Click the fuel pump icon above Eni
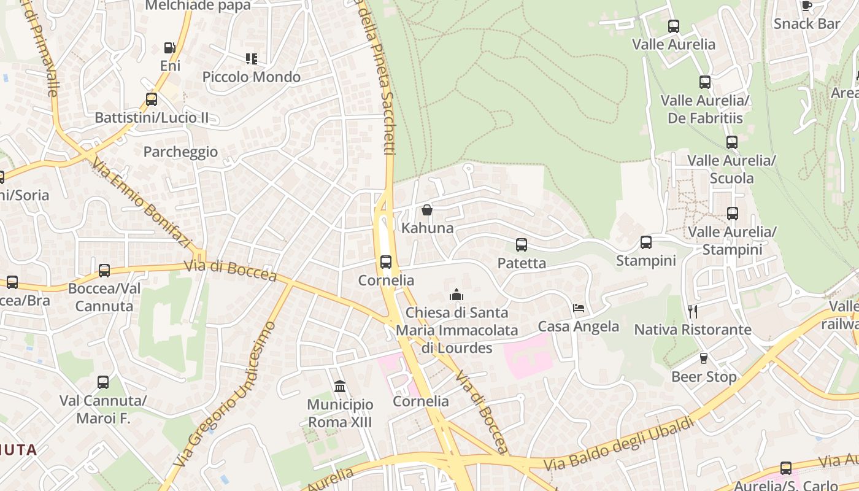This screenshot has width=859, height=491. [169, 48]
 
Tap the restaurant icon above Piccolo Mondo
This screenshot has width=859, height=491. [251, 59]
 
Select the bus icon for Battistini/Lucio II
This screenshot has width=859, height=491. [151, 99]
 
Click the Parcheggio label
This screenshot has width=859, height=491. [180, 152]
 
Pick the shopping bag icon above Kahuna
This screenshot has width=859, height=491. [427, 211]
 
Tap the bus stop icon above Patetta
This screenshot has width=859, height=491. [522, 245]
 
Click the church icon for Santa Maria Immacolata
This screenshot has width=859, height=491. [456, 295]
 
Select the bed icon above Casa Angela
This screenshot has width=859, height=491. [579, 308]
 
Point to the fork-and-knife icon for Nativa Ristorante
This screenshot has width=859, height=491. [692, 312]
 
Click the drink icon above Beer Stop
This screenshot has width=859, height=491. [704, 358]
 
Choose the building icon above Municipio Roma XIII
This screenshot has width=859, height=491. [340, 387]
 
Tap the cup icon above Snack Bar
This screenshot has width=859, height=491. [807, 6]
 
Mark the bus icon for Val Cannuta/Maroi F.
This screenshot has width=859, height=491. [103, 382]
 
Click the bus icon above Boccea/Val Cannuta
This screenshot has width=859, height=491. [104, 271]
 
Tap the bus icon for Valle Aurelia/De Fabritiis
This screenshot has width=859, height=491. [704, 82]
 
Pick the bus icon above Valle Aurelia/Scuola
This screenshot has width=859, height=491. [731, 142]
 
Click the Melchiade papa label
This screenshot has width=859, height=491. [198, 6]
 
